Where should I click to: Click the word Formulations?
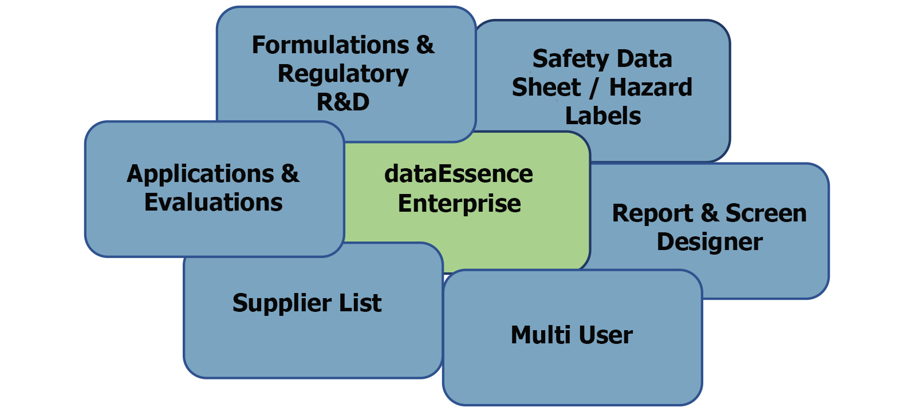(x=330, y=45)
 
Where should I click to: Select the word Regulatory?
(x=343, y=74)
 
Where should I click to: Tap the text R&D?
(x=343, y=102)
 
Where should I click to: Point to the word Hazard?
(x=651, y=88)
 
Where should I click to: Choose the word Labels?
(x=603, y=116)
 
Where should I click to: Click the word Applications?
(x=200, y=175)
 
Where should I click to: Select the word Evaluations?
(x=214, y=203)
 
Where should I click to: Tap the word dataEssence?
(x=459, y=175)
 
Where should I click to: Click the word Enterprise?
(x=459, y=204)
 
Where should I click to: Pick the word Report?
(x=652, y=214)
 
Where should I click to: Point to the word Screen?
(x=766, y=213)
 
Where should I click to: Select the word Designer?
(x=710, y=242)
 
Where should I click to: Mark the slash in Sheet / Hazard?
(x=595, y=88)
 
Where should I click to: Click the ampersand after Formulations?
(x=425, y=45)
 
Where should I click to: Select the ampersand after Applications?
(x=290, y=174)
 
